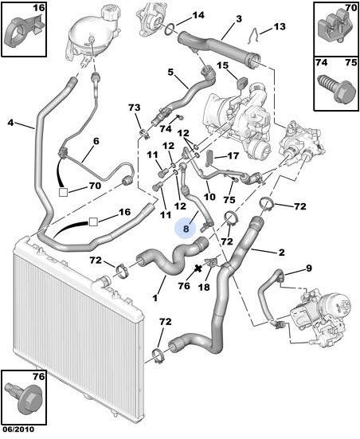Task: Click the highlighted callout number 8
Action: click(186, 229)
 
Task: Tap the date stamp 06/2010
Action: click(18, 429)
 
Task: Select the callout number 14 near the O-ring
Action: click(198, 15)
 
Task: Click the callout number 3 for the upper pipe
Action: click(238, 19)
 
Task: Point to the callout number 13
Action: click(279, 26)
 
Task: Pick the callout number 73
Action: click(135, 108)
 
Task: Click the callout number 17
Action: click(233, 155)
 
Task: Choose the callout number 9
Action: click(308, 268)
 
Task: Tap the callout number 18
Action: click(204, 287)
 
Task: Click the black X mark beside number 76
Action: click(198, 268)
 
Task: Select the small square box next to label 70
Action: click(63, 192)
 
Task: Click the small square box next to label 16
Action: click(93, 222)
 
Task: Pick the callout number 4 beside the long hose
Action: click(10, 123)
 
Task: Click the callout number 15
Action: click(223, 65)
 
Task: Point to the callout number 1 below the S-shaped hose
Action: click(155, 298)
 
